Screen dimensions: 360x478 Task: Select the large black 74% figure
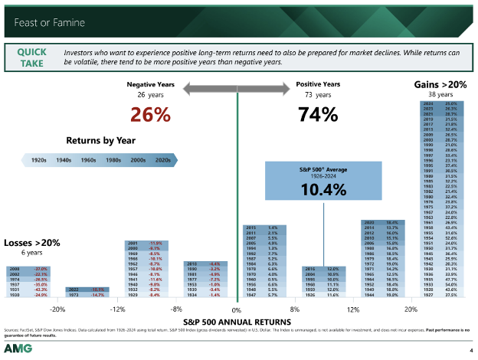pyautogui.click(x=313, y=116)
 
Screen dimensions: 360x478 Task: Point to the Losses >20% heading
pyautogui.click(x=31, y=243)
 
